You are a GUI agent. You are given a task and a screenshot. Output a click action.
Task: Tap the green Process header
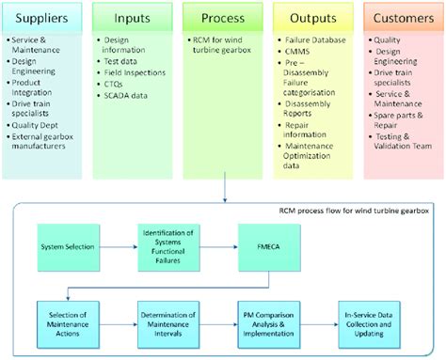224,19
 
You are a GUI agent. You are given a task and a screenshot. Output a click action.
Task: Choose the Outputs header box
312,19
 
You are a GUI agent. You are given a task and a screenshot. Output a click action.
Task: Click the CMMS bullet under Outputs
299,53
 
